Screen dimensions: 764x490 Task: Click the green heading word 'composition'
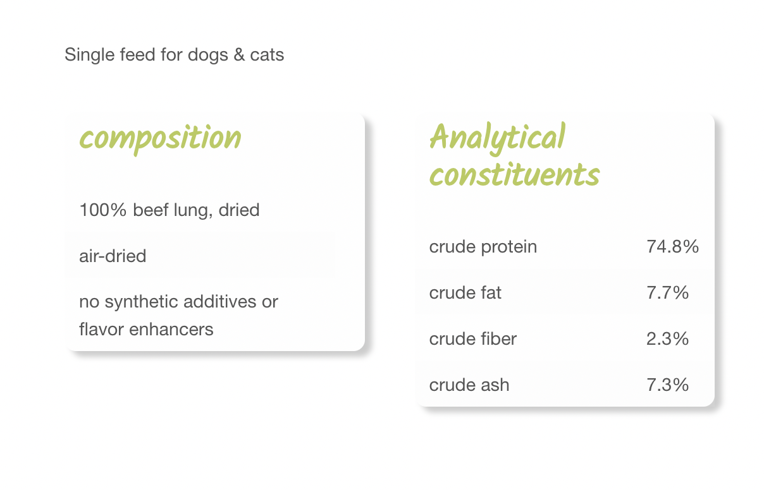[160, 139]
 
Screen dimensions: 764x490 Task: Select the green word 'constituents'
[514, 174]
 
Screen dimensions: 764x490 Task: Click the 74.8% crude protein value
[672, 246]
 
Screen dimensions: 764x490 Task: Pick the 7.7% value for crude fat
[667, 292]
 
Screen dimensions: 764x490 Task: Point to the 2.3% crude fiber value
[667, 339]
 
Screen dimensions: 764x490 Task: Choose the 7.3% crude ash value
[667, 385]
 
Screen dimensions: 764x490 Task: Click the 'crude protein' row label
[483, 248]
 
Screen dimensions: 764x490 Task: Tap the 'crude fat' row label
[465, 292]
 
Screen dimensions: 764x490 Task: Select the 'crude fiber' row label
[472, 339]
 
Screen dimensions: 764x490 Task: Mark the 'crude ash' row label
[469, 385]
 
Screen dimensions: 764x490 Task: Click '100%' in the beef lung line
[103, 210]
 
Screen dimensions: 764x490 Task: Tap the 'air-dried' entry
[113, 256]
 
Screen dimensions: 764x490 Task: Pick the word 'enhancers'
[171, 329]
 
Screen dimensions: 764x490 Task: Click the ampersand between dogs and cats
[239, 55]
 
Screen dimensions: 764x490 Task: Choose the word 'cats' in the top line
[267, 55]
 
